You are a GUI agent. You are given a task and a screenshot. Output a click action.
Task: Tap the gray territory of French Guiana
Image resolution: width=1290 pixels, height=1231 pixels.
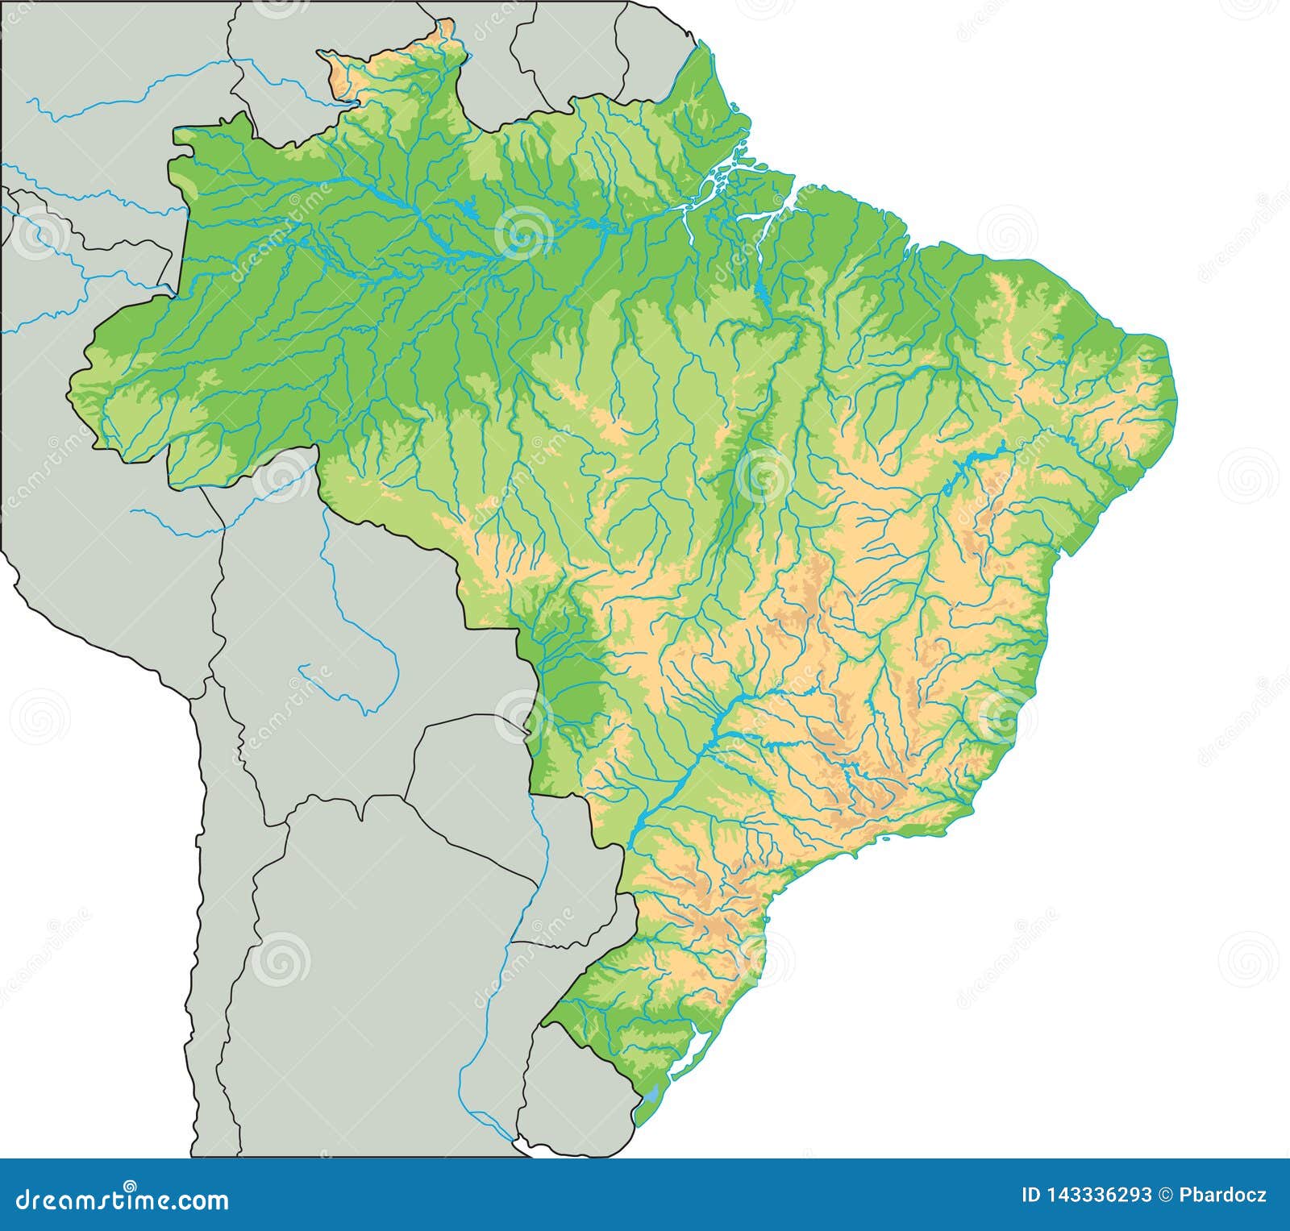(x=657, y=48)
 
